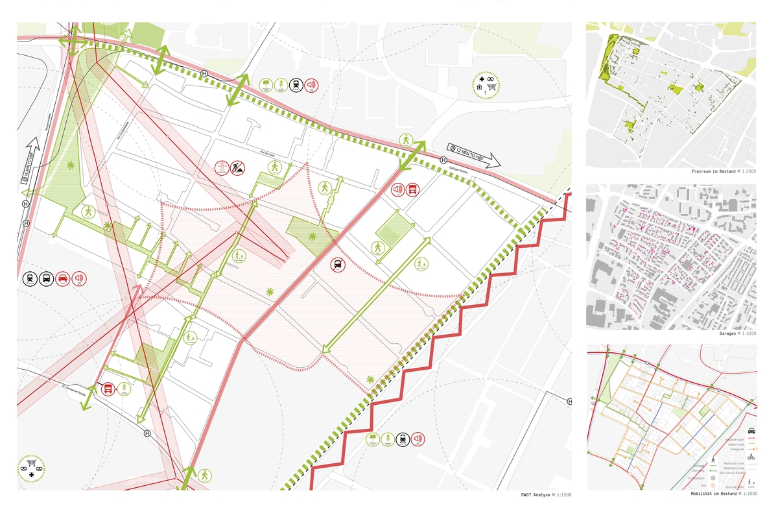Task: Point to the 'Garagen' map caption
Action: (x=731, y=333)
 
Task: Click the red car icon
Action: (x=63, y=279)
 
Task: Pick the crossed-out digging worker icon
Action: (x=238, y=169)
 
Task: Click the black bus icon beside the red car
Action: (x=46, y=279)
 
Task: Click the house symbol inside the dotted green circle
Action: (x=480, y=86)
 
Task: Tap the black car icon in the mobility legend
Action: (x=751, y=431)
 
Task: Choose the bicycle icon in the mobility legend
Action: (x=751, y=457)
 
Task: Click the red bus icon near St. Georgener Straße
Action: (x=108, y=389)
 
